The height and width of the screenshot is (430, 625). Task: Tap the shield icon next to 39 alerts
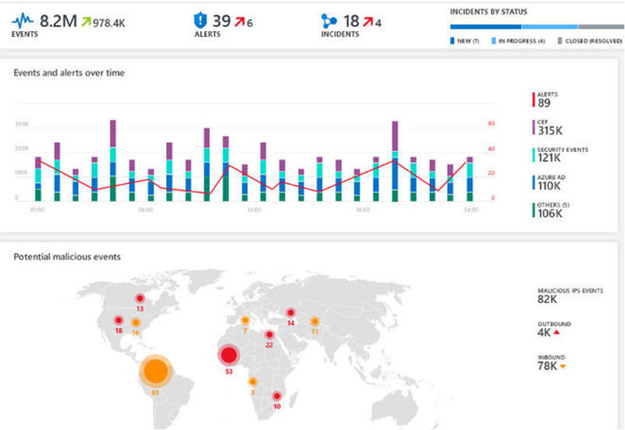click(200, 21)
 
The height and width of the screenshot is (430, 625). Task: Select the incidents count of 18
click(351, 21)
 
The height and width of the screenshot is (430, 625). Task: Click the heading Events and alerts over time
click(69, 73)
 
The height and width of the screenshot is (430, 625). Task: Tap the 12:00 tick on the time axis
click(254, 209)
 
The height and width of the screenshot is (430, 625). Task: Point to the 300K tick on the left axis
click(21, 124)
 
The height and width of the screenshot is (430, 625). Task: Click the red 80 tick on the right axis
click(491, 124)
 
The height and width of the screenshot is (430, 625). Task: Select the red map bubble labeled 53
click(228, 356)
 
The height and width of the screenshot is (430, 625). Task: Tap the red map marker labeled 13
click(140, 299)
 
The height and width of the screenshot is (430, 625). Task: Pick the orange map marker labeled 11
click(315, 321)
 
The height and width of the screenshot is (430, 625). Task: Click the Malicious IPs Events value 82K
click(547, 299)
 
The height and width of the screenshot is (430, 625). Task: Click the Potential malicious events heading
click(67, 257)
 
